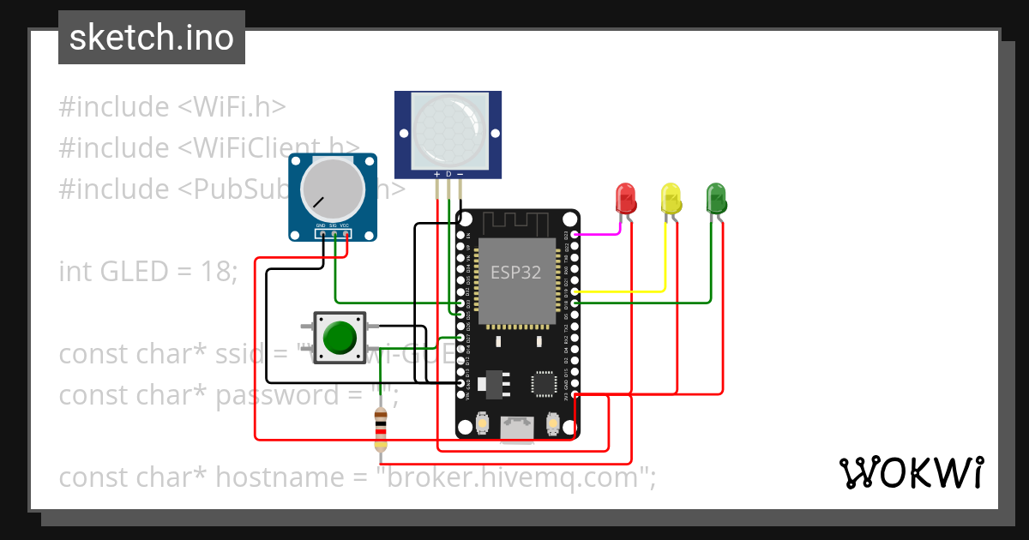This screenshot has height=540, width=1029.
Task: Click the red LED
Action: point(627,199)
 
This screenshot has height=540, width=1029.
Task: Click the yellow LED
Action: point(671,199)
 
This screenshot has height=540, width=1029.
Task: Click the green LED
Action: point(716,199)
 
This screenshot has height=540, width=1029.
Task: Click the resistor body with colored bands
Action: point(381,429)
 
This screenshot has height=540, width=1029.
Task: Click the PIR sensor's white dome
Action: point(447,130)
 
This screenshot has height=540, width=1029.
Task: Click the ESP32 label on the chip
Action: point(515,273)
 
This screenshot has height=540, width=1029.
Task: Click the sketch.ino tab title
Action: point(152,38)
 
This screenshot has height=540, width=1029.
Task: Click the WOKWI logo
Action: point(910,472)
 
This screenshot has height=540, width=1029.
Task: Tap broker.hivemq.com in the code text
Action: point(514,477)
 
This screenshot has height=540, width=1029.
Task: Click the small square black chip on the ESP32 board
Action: point(544,383)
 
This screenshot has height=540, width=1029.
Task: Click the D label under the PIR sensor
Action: point(448,174)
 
